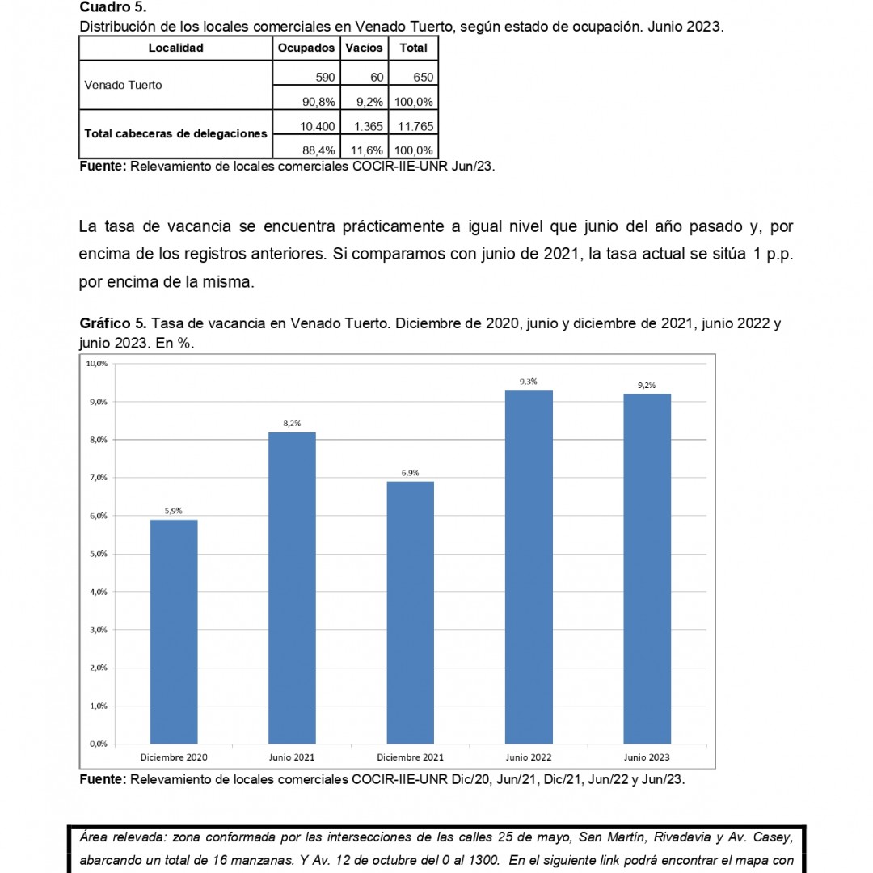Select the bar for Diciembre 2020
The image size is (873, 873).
pyautogui.click(x=174, y=630)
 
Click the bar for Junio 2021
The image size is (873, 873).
pyautogui.click(x=292, y=588)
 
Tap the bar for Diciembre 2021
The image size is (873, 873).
pyautogui.click(x=411, y=612)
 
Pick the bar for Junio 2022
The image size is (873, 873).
pyautogui.click(x=529, y=567)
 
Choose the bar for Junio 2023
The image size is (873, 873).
pyautogui.click(x=647, y=568)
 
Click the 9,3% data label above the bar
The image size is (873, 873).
pyautogui.click(x=529, y=381)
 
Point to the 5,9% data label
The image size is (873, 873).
pyautogui.click(x=174, y=510)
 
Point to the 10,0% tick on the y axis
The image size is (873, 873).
pyautogui.click(x=96, y=364)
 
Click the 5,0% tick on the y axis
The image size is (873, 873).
pyautogui.click(x=96, y=554)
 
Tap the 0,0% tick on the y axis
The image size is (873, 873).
pyautogui.click(x=96, y=744)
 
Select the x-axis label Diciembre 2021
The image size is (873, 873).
pyautogui.click(x=411, y=757)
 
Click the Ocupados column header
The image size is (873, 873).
pyautogui.click(x=306, y=48)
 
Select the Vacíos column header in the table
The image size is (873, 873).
pyautogui.click(x=364, y=48)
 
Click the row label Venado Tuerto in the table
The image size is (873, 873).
pyautogui.click(x=124, y=85)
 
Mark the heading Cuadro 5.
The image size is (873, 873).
pyautogui.click(x=112, y=7)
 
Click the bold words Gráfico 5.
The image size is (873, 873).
pyautogui.click(x=113, y=323)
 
